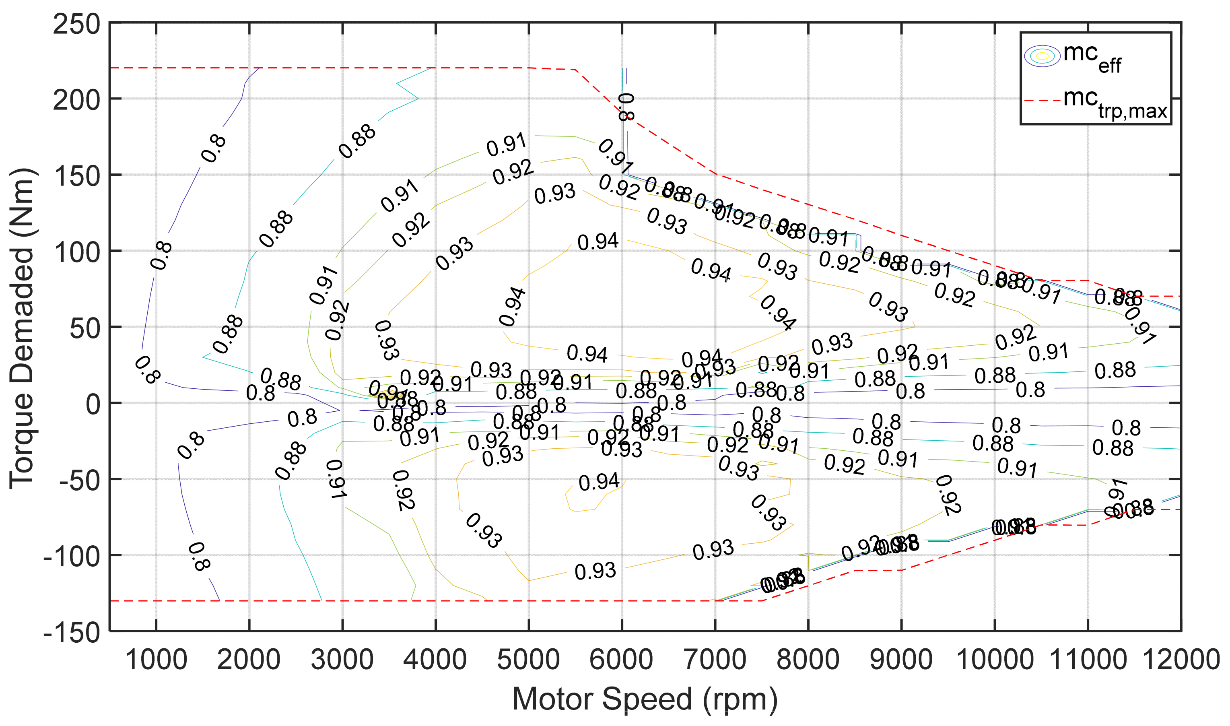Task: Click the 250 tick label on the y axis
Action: [x=76, y=25]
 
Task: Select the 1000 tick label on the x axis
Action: [x=156, y=660]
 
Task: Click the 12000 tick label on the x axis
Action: [x=1180, y=660]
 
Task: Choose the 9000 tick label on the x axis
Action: [x=901, y=660]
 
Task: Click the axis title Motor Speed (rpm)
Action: [x=645, y=699]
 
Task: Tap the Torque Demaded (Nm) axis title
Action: [x=22, y=328]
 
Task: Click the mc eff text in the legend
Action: [x=1092, y=58]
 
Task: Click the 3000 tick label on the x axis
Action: [x=342, y=660]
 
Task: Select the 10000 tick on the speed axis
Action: [x=994, y=660]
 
